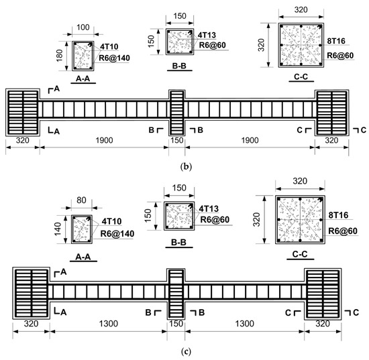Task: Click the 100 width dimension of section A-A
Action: [x=83, y=27]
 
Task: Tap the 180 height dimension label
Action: [x=60, y=56]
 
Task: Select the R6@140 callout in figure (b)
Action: [x=114, y=58]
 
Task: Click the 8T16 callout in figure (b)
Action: [x=336, y=41]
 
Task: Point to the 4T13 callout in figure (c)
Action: [x=209, y=208]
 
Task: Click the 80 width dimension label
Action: [x=81, y=200]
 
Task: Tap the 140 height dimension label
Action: [x=58, y=229]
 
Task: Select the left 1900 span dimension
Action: [x=104, y=140]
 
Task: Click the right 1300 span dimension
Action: [x=245, y=324]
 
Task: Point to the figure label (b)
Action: [x=186, y=166]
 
